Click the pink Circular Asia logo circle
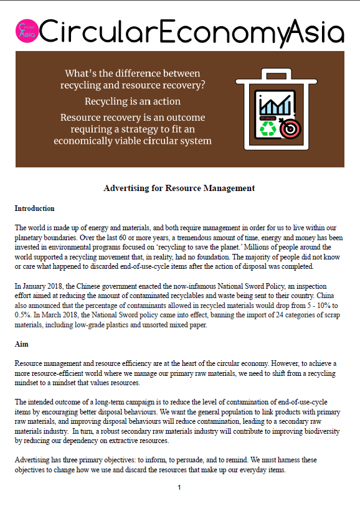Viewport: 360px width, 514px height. [27, 30]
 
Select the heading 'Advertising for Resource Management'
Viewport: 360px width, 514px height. [179, 188]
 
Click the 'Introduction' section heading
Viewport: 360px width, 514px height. [34, 208]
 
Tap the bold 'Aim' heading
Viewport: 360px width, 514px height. [22, 343]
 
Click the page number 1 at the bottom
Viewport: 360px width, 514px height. [179, 487]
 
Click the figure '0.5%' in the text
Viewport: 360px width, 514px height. [24, 315]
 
